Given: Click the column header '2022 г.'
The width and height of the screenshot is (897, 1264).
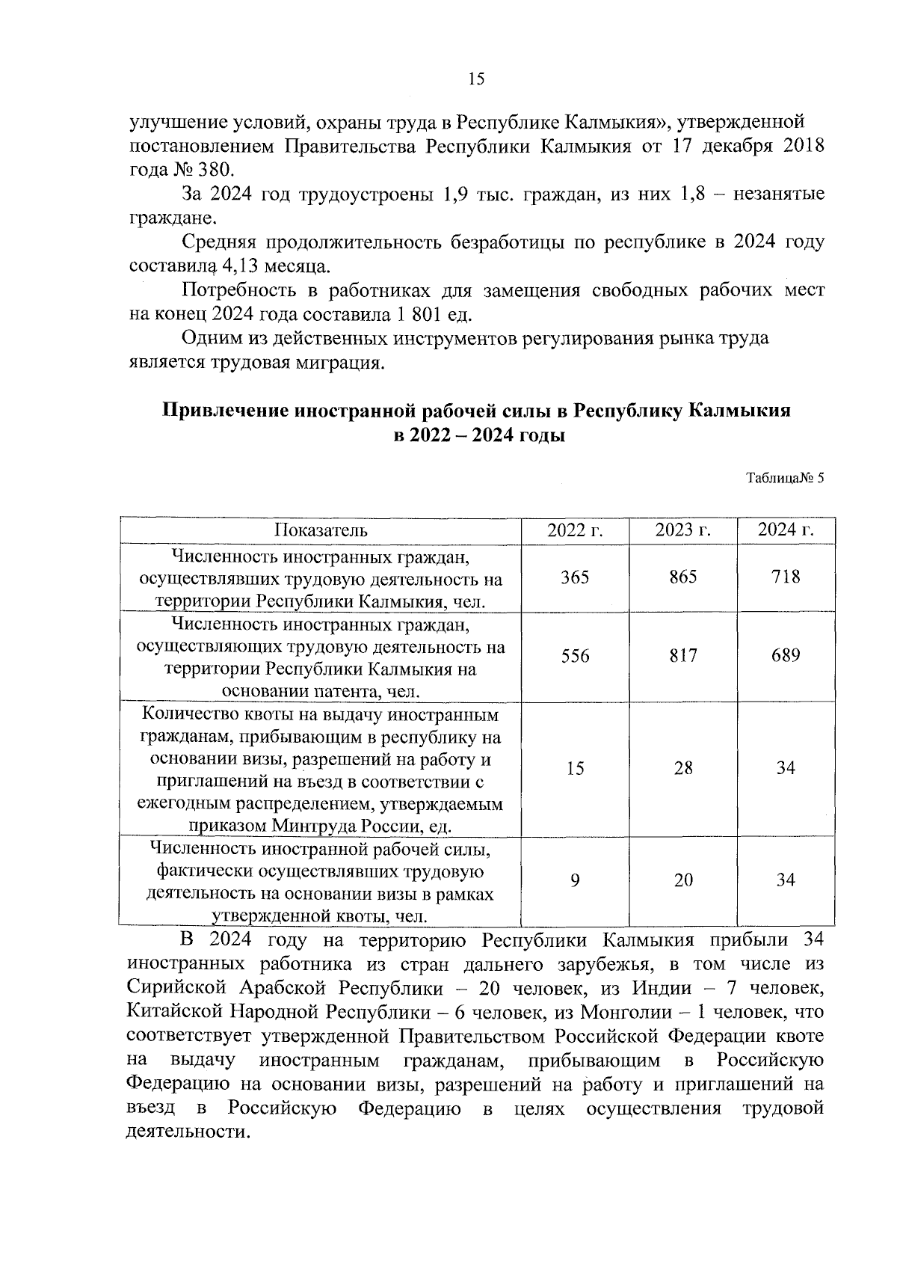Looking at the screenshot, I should click(x=575, y=530).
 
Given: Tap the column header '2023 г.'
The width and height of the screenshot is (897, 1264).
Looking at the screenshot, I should click(x=682, y=530).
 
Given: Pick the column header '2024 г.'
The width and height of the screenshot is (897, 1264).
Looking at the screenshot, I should click(x=785, y=530).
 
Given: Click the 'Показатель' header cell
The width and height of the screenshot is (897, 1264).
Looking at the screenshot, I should click(x=321, y=530).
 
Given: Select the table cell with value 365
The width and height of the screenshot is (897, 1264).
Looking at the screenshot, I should click(x=575, y=577).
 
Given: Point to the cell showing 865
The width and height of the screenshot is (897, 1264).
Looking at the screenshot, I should click(x=682, y=577).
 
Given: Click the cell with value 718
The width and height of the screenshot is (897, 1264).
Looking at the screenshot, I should click(x=785, y=577).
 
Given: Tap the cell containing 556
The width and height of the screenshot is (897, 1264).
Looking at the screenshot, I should click(x=575, y=656).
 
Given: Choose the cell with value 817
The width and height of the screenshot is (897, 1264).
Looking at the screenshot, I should click(x=682, y=656).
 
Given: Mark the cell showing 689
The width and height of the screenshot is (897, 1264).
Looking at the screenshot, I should click(x=785, y=656).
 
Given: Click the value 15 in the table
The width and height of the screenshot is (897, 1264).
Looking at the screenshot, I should click(x=575, y=768).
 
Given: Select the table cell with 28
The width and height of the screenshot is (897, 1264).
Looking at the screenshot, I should click(x=682, y=768).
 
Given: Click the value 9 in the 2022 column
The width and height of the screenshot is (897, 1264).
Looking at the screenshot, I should click(x=575, y=880).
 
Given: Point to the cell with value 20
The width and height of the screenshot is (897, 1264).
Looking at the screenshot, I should click(x=682, y=880).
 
